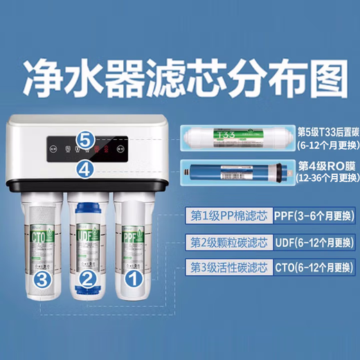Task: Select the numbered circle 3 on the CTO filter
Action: tap(42, 279)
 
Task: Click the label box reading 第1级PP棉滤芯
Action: tap(228, 215)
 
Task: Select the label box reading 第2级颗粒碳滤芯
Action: tap(228, 242)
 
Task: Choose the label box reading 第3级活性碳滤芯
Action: tap(228, 268)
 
